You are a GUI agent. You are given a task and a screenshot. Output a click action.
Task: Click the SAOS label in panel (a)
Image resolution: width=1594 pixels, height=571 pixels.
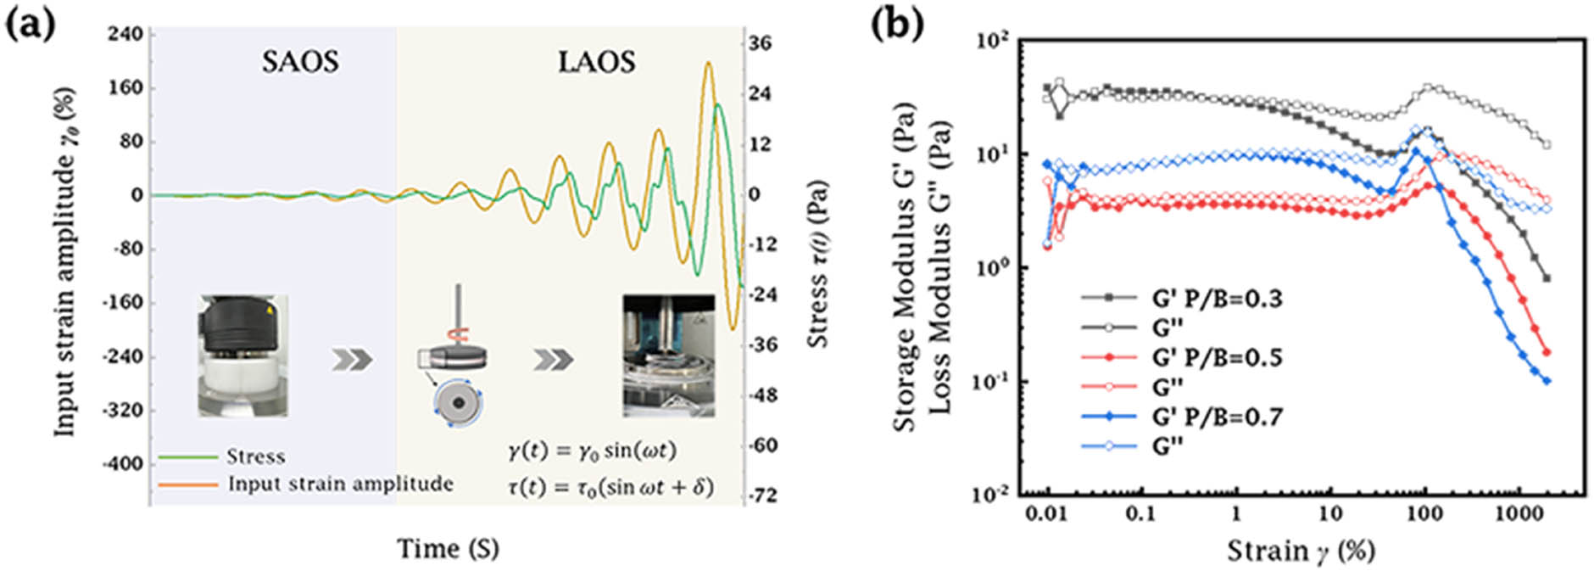[300, 61]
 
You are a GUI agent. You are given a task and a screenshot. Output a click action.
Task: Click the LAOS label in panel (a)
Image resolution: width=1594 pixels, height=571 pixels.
[596, 61]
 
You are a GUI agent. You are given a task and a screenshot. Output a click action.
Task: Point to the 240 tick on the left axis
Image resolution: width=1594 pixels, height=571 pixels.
[125, 34]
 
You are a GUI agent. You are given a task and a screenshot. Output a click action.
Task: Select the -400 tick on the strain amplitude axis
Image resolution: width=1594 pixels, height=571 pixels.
[123, 464]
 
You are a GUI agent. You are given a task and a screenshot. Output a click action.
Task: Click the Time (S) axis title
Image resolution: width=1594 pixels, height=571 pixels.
[448, 549]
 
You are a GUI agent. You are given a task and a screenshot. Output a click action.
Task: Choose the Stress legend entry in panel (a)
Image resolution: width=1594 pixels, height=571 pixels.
[255, 457]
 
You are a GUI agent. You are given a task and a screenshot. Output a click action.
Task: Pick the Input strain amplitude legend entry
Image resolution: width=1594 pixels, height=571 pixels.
[340, 484]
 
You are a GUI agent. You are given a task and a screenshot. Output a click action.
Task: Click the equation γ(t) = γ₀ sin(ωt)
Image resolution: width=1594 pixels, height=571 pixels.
[592, 451]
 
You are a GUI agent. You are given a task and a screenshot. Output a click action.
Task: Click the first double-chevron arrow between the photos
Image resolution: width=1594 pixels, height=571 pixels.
[351, 360]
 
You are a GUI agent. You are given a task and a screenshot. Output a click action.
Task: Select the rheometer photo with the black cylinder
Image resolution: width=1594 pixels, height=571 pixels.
[243, 355]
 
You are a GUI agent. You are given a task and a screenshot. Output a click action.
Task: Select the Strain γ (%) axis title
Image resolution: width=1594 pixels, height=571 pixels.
[1301, 551]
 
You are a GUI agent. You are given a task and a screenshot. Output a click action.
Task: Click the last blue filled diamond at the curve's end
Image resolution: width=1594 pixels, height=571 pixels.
[1547, 382]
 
